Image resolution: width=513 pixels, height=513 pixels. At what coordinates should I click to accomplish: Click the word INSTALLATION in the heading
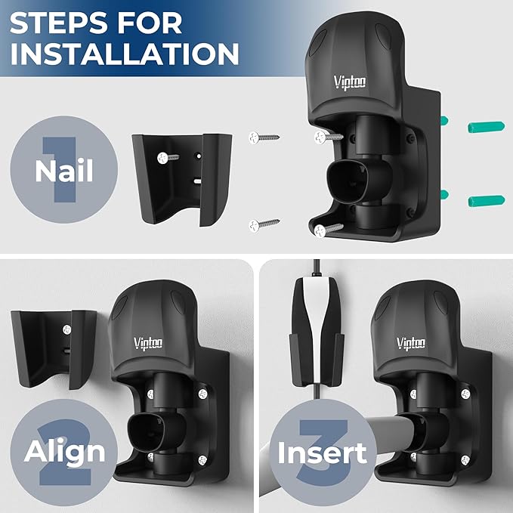(x=125, y=54)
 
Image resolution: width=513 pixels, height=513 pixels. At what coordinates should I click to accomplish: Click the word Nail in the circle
(x=64, y=171)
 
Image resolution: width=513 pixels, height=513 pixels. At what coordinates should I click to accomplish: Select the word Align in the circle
(x=64, y=452)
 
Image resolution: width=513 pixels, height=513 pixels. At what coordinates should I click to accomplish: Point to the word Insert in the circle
(x=323, y=453)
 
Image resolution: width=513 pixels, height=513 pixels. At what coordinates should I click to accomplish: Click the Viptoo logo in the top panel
(x=350, y=82)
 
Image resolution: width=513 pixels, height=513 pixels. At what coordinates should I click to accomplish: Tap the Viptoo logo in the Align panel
(x=148, y=343)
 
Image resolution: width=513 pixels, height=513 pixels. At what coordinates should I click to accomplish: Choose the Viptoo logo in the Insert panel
(x=411, y=343)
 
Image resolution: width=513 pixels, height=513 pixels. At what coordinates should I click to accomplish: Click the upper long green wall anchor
(x=486, y=127)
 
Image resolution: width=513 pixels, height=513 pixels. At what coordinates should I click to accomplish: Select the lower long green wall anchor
(x=486, y=201)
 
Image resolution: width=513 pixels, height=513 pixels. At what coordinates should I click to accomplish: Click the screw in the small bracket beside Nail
(x=168, y=158)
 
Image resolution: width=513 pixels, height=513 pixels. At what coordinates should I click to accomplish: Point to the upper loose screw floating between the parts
(x=264, y=138)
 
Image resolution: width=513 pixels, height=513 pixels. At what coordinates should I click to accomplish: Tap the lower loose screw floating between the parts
(x=264, y=225)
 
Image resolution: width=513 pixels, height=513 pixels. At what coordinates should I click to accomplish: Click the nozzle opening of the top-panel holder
(x=347, y=181)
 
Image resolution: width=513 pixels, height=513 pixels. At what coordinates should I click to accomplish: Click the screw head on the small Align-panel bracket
(x=67, y=329)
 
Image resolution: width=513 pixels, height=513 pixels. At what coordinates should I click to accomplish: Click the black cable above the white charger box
(x=317, y=268)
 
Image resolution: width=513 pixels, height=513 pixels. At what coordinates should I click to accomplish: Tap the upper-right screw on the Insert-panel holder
(x=465, y=394)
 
